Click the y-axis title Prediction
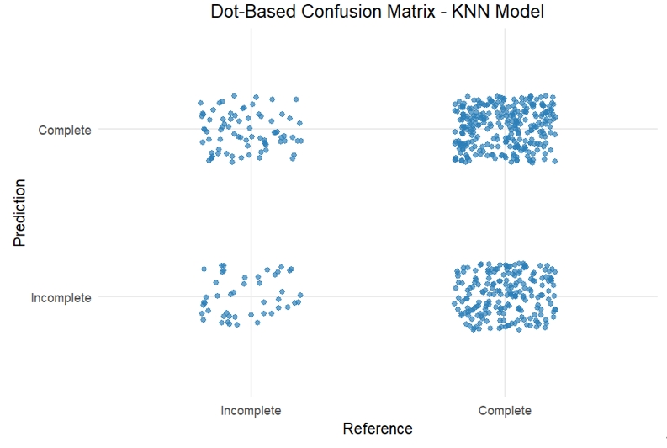pyautogui.click(x=19, y=212)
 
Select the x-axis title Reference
pyautogui.click(x=378, y=429)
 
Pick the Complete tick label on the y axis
pyautogui.click(x=65, y=130)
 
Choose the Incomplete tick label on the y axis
pyautogui.click(x=61, y=297)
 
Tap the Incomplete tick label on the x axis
pyautogui.click(x=251, y=411)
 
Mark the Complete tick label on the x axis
pyautogui.click(x=505, y=411)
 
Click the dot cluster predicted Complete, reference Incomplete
pyautogui.click(x=251, y=129)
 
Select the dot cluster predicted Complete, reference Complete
pyautogui.click(x=505, y=129)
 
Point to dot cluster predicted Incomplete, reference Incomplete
pyautogui.click(x=251, y=296)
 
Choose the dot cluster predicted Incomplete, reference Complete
pyautogui.click(x=505, y=296)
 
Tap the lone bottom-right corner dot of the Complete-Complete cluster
pyautogui.click(x=555, y=161)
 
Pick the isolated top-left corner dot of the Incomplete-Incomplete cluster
pyautogui.click(x=204, y=269)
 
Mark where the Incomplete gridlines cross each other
pyautogui.click(x=251, y=296)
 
